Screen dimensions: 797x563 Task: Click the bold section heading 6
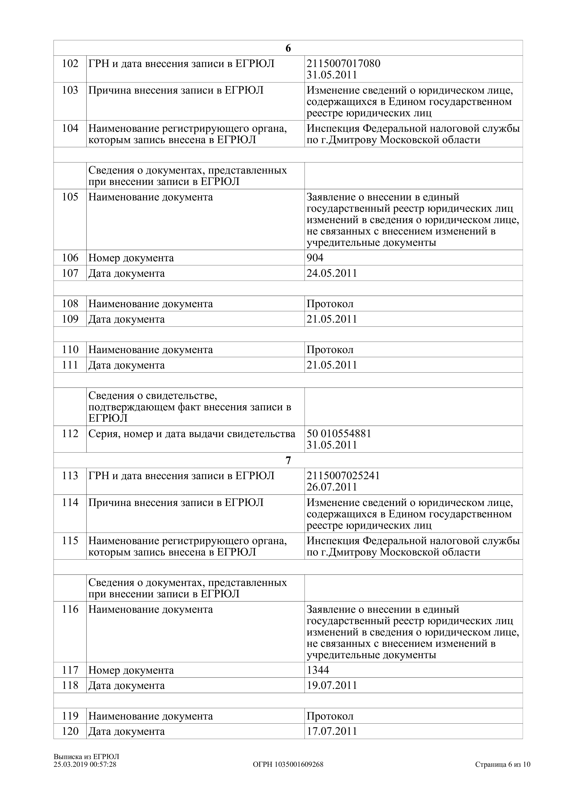pos(288,48)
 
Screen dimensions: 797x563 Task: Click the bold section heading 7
pos(288,460)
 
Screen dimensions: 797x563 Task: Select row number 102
pos(70,64)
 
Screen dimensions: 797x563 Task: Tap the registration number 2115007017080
pos(343,64)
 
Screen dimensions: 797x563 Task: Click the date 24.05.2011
pos(332,273)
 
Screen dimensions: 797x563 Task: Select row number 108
pos(70,304)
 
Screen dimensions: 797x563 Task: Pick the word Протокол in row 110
pos(330,350)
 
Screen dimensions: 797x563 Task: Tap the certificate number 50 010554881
pos(339,433)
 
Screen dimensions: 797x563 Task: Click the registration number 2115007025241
pos(343,476)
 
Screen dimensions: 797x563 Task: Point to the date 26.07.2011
pos(332,487)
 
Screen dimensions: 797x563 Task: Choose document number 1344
pos(318,670)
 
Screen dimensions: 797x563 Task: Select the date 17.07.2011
pos(332,731)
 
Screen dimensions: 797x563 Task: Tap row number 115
pos(70,541)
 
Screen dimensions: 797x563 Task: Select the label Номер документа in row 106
pos(131,258)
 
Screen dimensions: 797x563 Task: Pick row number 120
pos(70,731)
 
